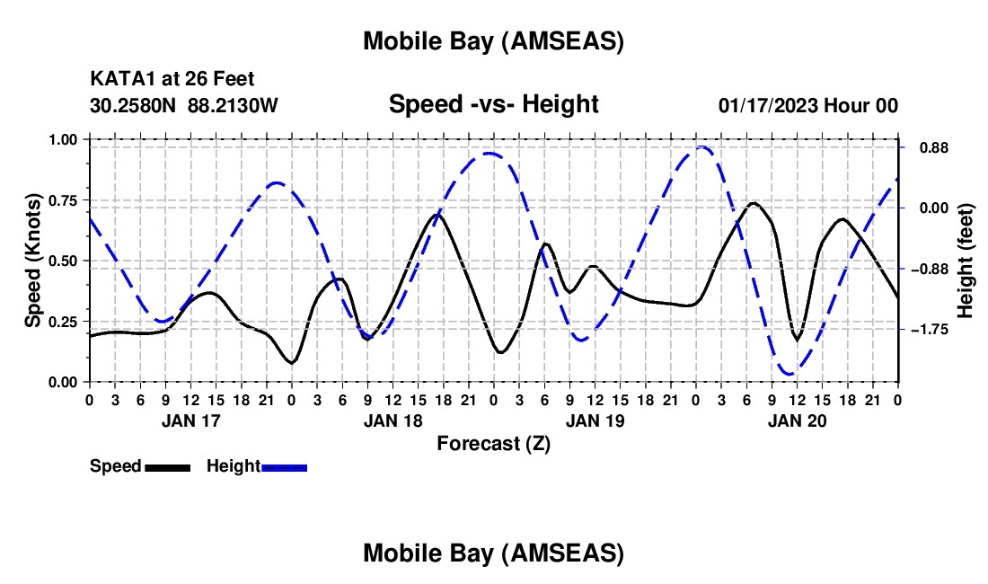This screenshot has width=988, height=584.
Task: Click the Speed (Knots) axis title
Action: [32, 261]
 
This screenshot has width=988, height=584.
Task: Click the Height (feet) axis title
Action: [966, 261]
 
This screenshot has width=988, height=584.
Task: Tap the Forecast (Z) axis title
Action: [493, 443]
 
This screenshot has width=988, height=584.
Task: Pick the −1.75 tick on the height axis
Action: [927, 330]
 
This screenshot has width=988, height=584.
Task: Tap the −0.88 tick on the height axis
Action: [927, 269]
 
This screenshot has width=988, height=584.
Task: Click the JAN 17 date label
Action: [190, 420]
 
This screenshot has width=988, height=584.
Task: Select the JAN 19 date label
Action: [595, 420]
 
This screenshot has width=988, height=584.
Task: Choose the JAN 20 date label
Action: [797, 420]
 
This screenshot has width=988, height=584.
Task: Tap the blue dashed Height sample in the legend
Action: [284, 467]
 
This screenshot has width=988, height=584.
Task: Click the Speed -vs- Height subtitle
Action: [493, 104]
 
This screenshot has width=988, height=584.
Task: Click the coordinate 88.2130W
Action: [234, 105]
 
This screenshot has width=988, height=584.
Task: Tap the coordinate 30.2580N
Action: [135, 105]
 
